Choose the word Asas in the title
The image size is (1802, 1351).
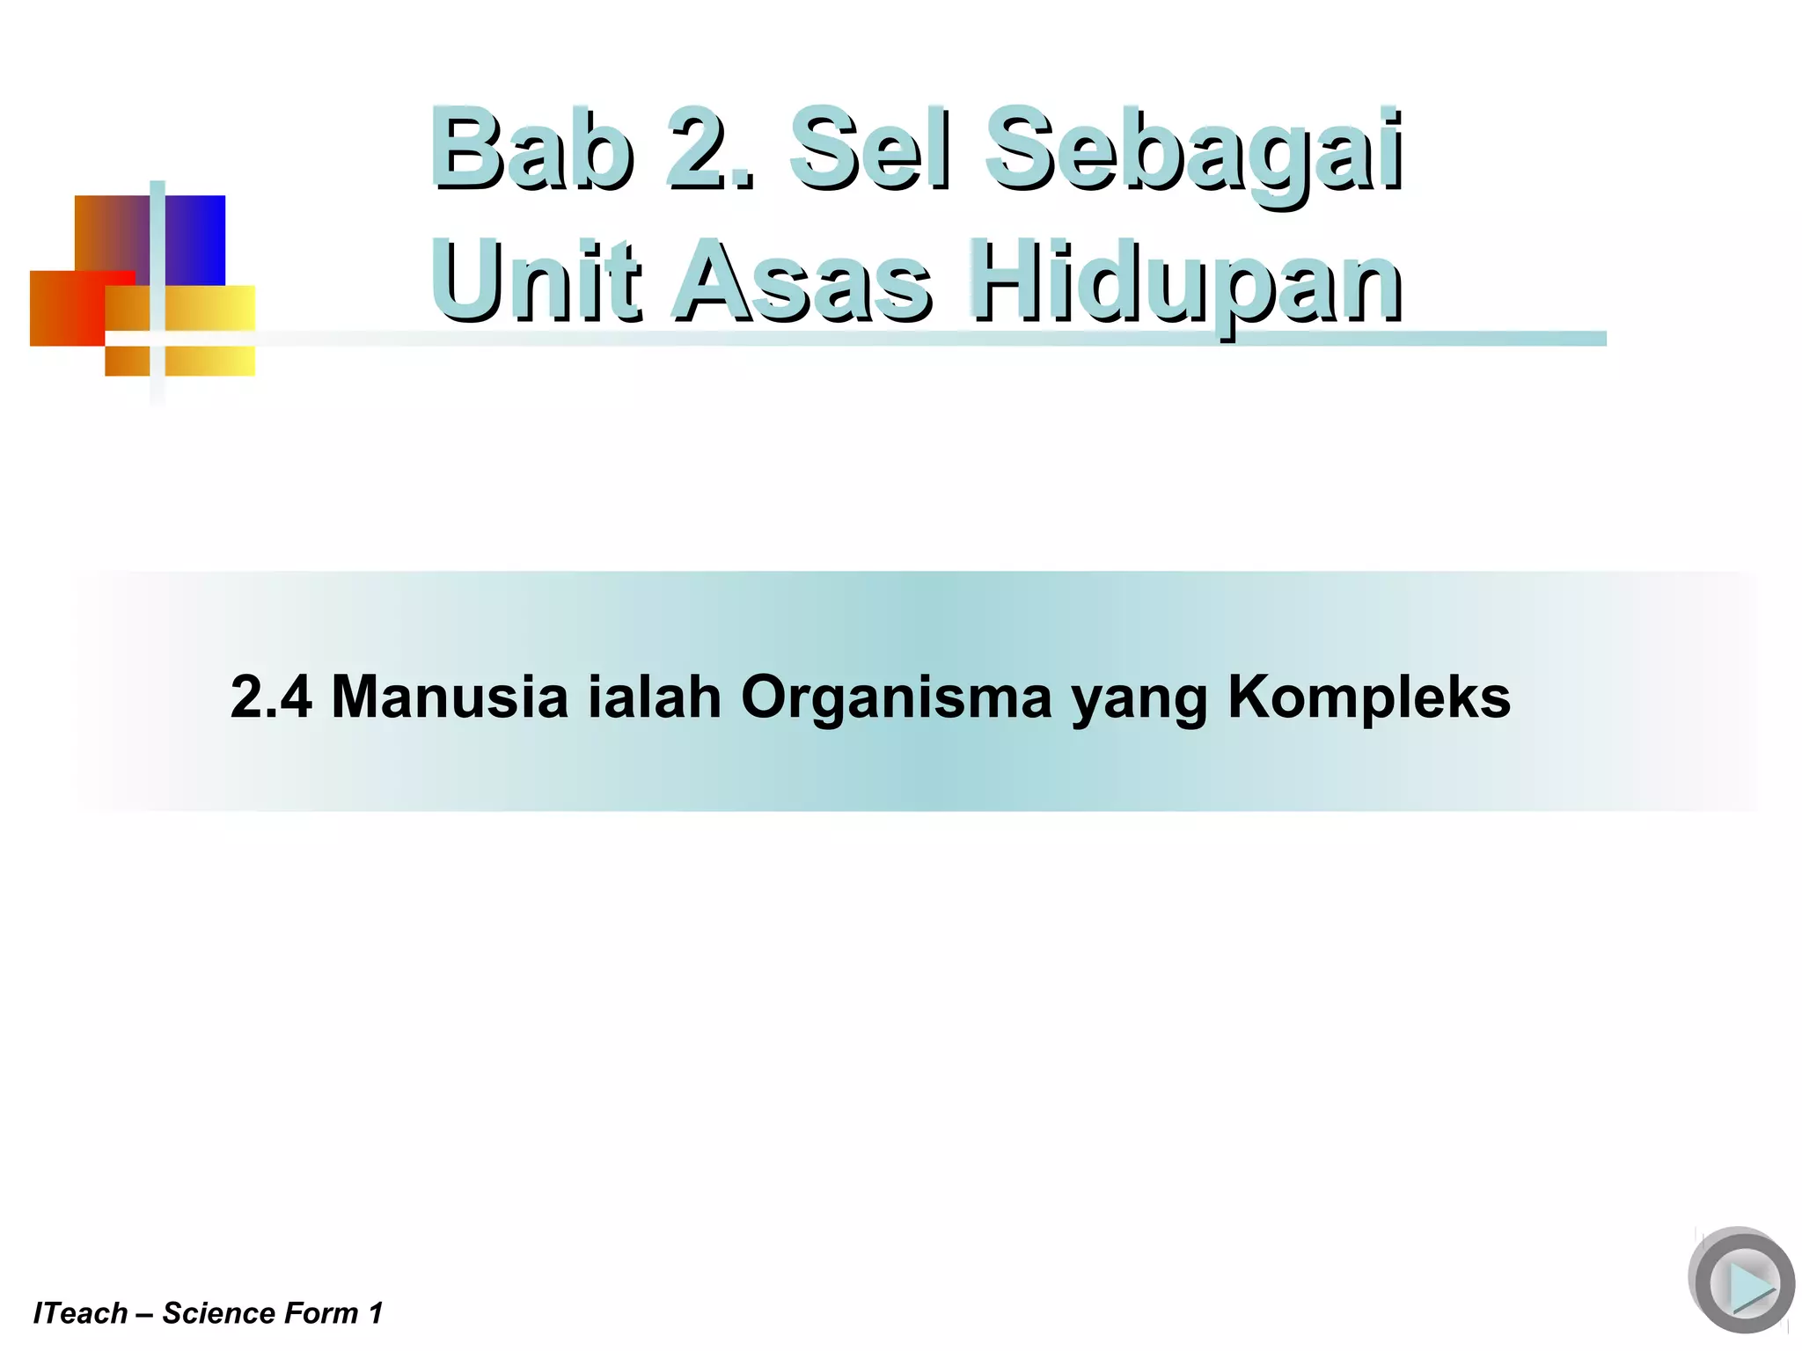pyautogui.click(x=802, y=280)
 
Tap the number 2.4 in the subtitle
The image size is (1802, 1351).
pyautogui.click(x=271, y=697)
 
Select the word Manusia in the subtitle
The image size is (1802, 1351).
pyautogui.click(x=450, y=697)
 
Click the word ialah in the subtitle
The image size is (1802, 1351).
pyautogui.click(x=655, y=697)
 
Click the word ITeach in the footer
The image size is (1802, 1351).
pyautogui.click(x=80, y=1313)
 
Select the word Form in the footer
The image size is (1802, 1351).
pyautogui.click(x=321, y=1313)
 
